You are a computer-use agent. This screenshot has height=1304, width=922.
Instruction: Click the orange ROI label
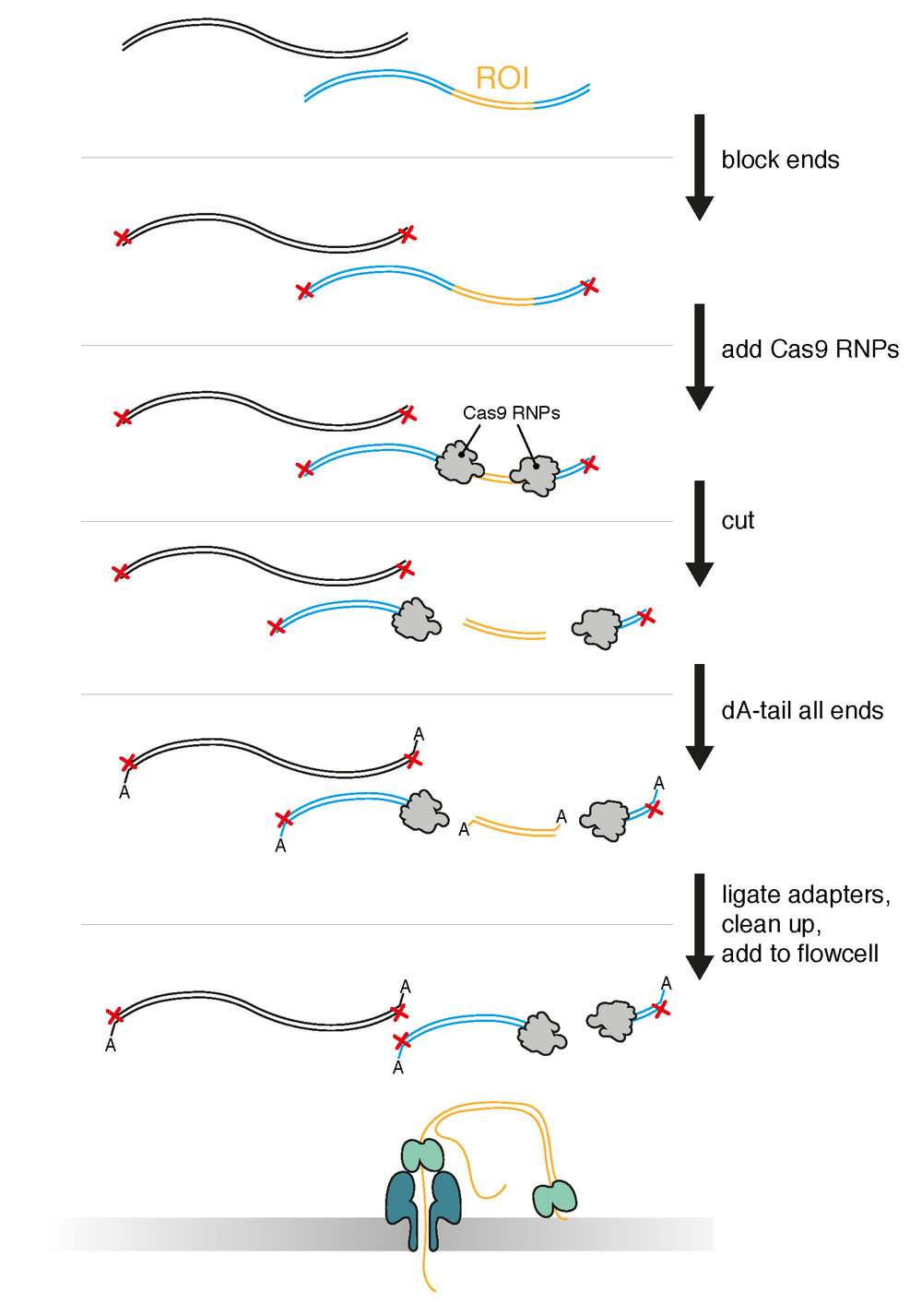[502, 78]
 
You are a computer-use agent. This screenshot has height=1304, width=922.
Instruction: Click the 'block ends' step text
[780, 160]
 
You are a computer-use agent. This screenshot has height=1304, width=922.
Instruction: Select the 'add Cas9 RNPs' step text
[810, 350]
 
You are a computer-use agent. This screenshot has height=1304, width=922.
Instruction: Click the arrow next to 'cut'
[700, 533]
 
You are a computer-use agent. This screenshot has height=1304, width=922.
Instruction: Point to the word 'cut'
[738, 521]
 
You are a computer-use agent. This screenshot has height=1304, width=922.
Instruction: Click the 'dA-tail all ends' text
[802, 711]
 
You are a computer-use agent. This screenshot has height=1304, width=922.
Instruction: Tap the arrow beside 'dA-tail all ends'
[700, 717]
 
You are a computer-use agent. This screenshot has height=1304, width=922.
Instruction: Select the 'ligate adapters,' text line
[805, 895]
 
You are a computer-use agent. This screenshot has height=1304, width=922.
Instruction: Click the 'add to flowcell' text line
[799, 954]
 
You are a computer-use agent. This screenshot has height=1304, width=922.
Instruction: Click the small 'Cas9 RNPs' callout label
[511, 413]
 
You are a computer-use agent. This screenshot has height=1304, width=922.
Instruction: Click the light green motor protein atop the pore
[422, 1155]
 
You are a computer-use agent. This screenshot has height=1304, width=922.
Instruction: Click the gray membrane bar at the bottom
[230, 1234]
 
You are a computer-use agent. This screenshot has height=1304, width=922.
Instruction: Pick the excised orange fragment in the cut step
[504, 630]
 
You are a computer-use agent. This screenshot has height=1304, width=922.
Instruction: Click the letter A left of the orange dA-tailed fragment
[464, 830]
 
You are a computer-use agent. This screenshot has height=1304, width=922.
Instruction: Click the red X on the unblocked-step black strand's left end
[123, 238]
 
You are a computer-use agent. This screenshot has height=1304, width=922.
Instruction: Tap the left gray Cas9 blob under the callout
[458, 463]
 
